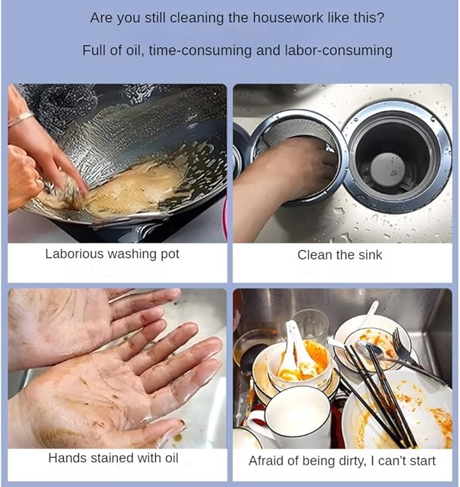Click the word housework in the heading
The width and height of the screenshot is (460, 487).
point(288,18)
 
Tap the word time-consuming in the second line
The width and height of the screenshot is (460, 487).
point(200,51)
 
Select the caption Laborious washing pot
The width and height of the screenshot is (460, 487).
point(112,254)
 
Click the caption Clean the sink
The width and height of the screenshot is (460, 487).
point(339,255)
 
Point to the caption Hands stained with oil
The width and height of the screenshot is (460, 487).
point(113,458)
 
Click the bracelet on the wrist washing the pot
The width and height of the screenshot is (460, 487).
point(20,119)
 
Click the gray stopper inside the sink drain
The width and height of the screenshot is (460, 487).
point(388,170)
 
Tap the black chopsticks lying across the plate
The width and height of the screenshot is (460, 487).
point(379,394)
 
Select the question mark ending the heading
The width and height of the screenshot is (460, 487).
point(381,18)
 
